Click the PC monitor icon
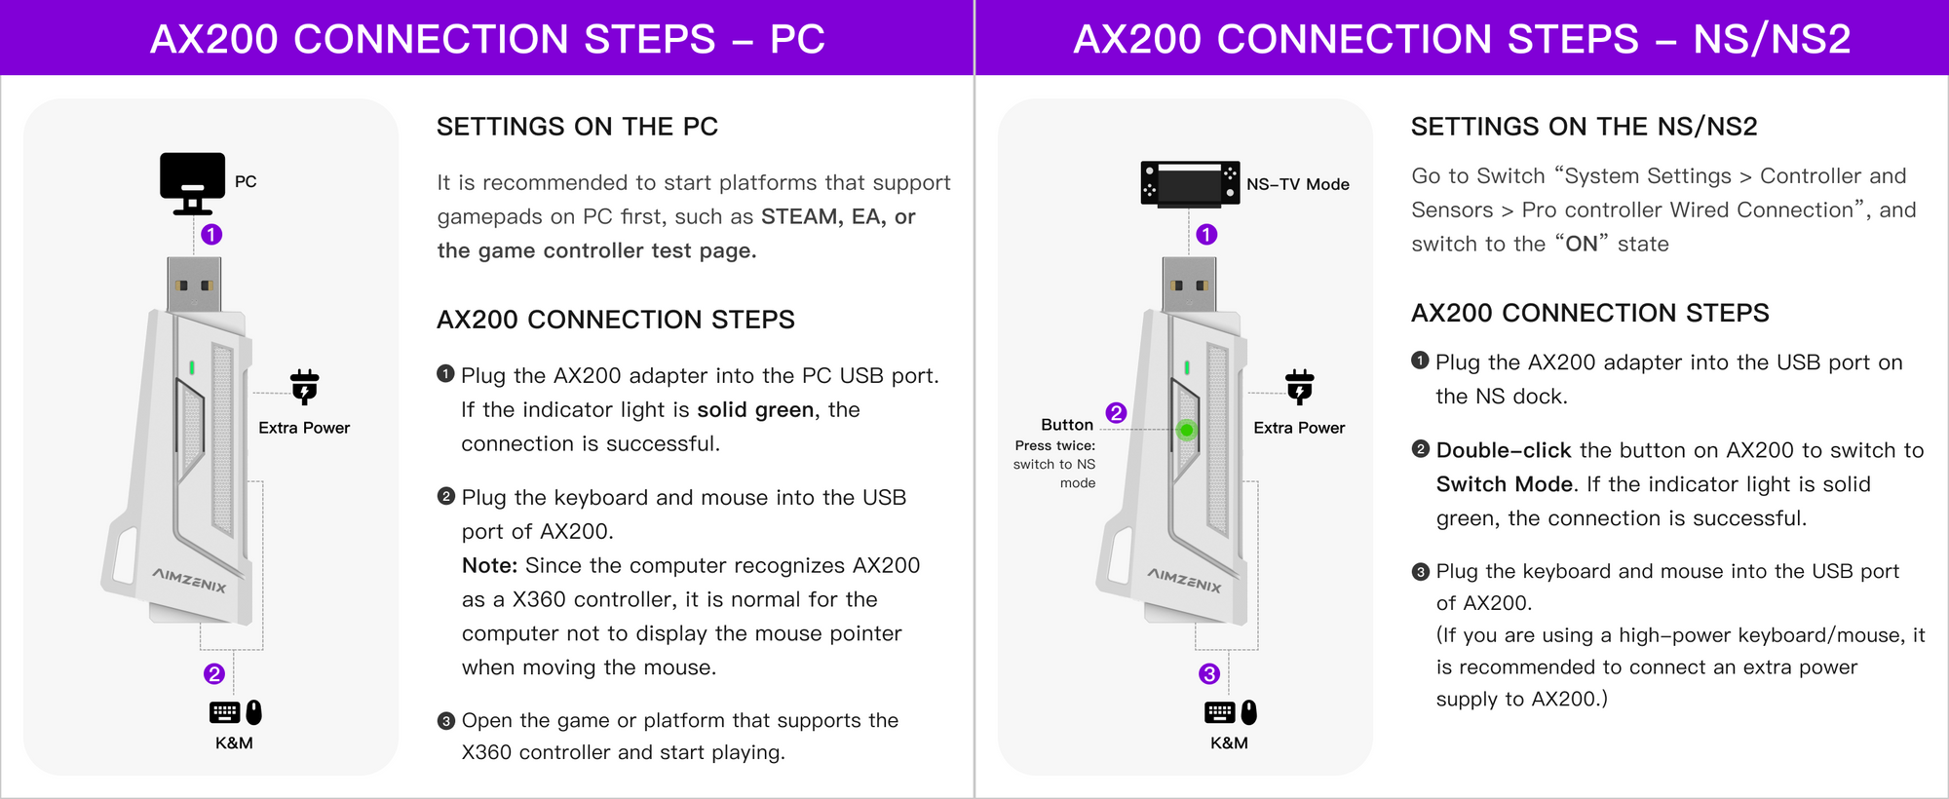192,182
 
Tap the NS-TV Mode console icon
1190,183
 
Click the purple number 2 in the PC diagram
214,674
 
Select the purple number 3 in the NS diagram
1209,674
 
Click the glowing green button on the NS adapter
1186,430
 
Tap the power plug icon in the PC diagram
305,387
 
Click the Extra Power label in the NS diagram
1298,428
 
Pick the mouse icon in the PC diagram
254,712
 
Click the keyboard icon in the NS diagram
1219,712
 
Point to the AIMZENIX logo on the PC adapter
189,580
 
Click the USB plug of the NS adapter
1189,285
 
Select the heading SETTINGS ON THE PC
577,127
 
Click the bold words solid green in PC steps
754,410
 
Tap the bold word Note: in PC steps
489,566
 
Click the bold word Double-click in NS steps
1503,450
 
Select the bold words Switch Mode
1504,484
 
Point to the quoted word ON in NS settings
1582,244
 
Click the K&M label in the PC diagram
234,742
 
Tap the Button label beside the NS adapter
1066,425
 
